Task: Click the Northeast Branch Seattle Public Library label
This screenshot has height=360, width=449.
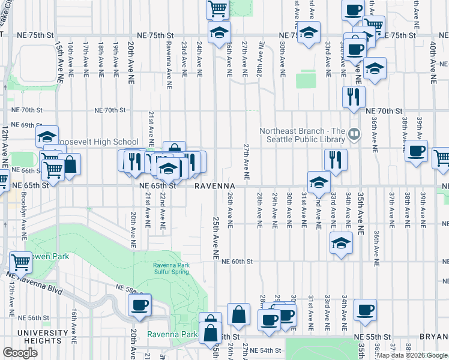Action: click(x=302, y=135)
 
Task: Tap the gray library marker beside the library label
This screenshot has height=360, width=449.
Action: click(x=355, y=134)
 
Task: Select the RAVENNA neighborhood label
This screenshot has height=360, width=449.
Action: click(x=209, y=186)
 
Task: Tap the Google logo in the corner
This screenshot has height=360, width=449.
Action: click(x=20, y=353)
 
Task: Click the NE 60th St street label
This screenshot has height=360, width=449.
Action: click(x=237, y=262)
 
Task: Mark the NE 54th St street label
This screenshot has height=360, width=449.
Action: click(x=265, y=350)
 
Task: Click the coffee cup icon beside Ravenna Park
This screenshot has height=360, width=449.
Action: click(x=139, y=305)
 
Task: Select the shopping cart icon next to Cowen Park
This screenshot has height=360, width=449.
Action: click(x=21, y=262)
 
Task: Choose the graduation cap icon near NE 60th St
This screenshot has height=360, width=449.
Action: click(x=341, y=243)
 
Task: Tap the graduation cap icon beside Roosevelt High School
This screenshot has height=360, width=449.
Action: click(x=47, y=137)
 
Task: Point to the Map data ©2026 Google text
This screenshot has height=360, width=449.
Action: click(x=412, y=355)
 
